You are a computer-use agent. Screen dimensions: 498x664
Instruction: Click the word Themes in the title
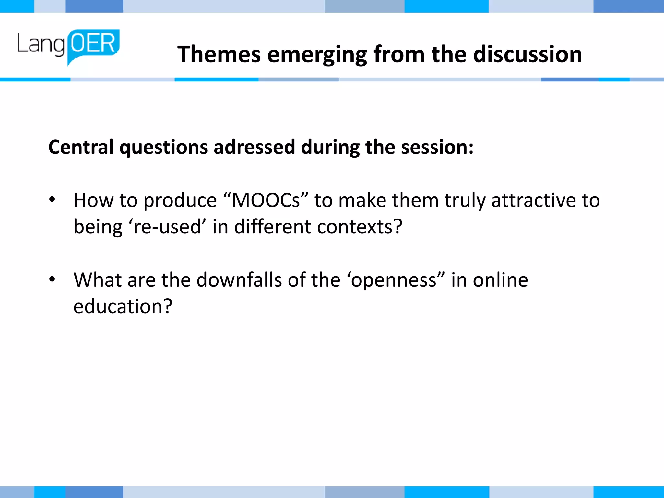(x=219, y=54)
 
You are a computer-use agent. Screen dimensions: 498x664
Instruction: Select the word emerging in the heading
(x=317, y=55)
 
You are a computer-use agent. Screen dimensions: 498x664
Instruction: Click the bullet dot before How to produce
(x=52, y=200)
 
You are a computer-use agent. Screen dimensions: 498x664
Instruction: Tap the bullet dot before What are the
(x=52, y=279)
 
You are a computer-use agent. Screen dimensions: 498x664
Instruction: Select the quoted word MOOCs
(x=266, y=200)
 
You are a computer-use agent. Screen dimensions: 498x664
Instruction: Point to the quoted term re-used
(x=167, y=226)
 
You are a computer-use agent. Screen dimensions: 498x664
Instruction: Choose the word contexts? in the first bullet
(x=360, y=226)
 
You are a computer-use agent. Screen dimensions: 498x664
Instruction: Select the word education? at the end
(x=123, y=306)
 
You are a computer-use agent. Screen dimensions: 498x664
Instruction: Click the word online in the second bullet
(x=500, y=279)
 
